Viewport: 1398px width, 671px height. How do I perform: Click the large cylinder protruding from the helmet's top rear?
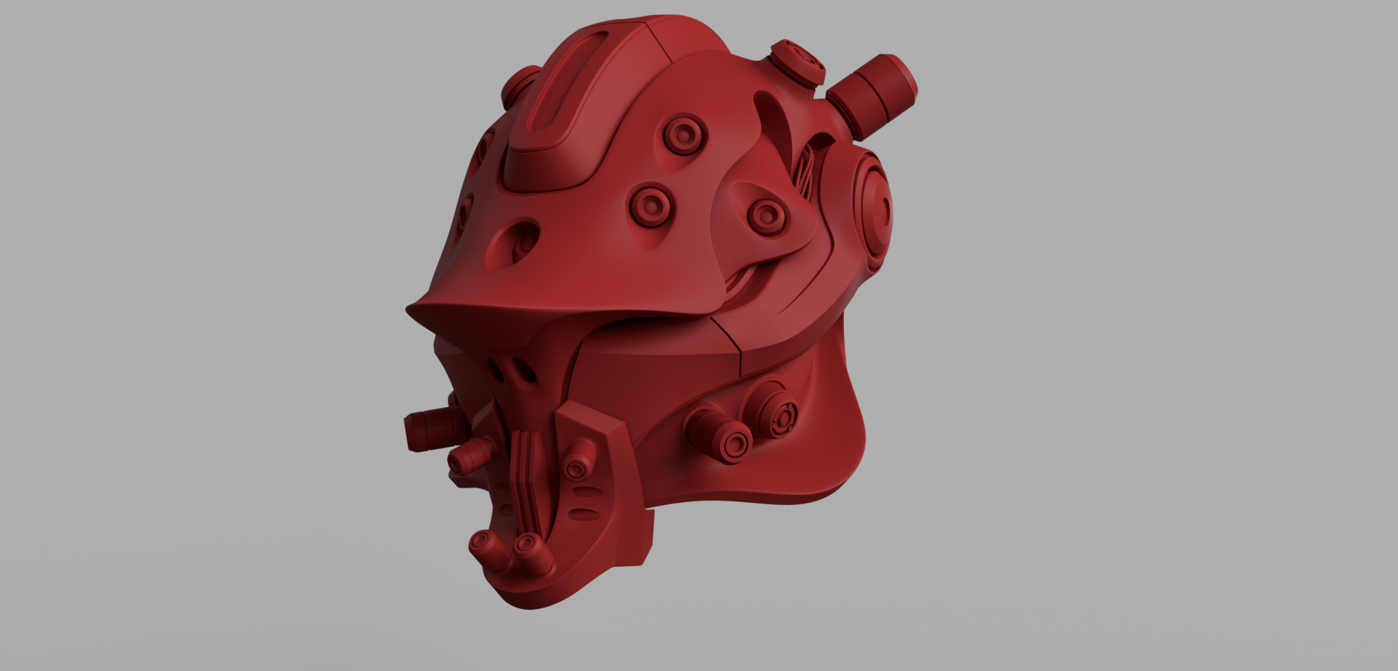click(x=874, y=93)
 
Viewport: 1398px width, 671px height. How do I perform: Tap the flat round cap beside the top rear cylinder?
click(x=799, y=63)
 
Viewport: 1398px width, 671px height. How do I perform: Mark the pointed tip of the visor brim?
click(x=410, y=311)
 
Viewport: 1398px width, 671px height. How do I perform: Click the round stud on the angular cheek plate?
click(x=577, y=467)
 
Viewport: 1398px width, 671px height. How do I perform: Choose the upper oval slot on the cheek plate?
click(x=586, y=493)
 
